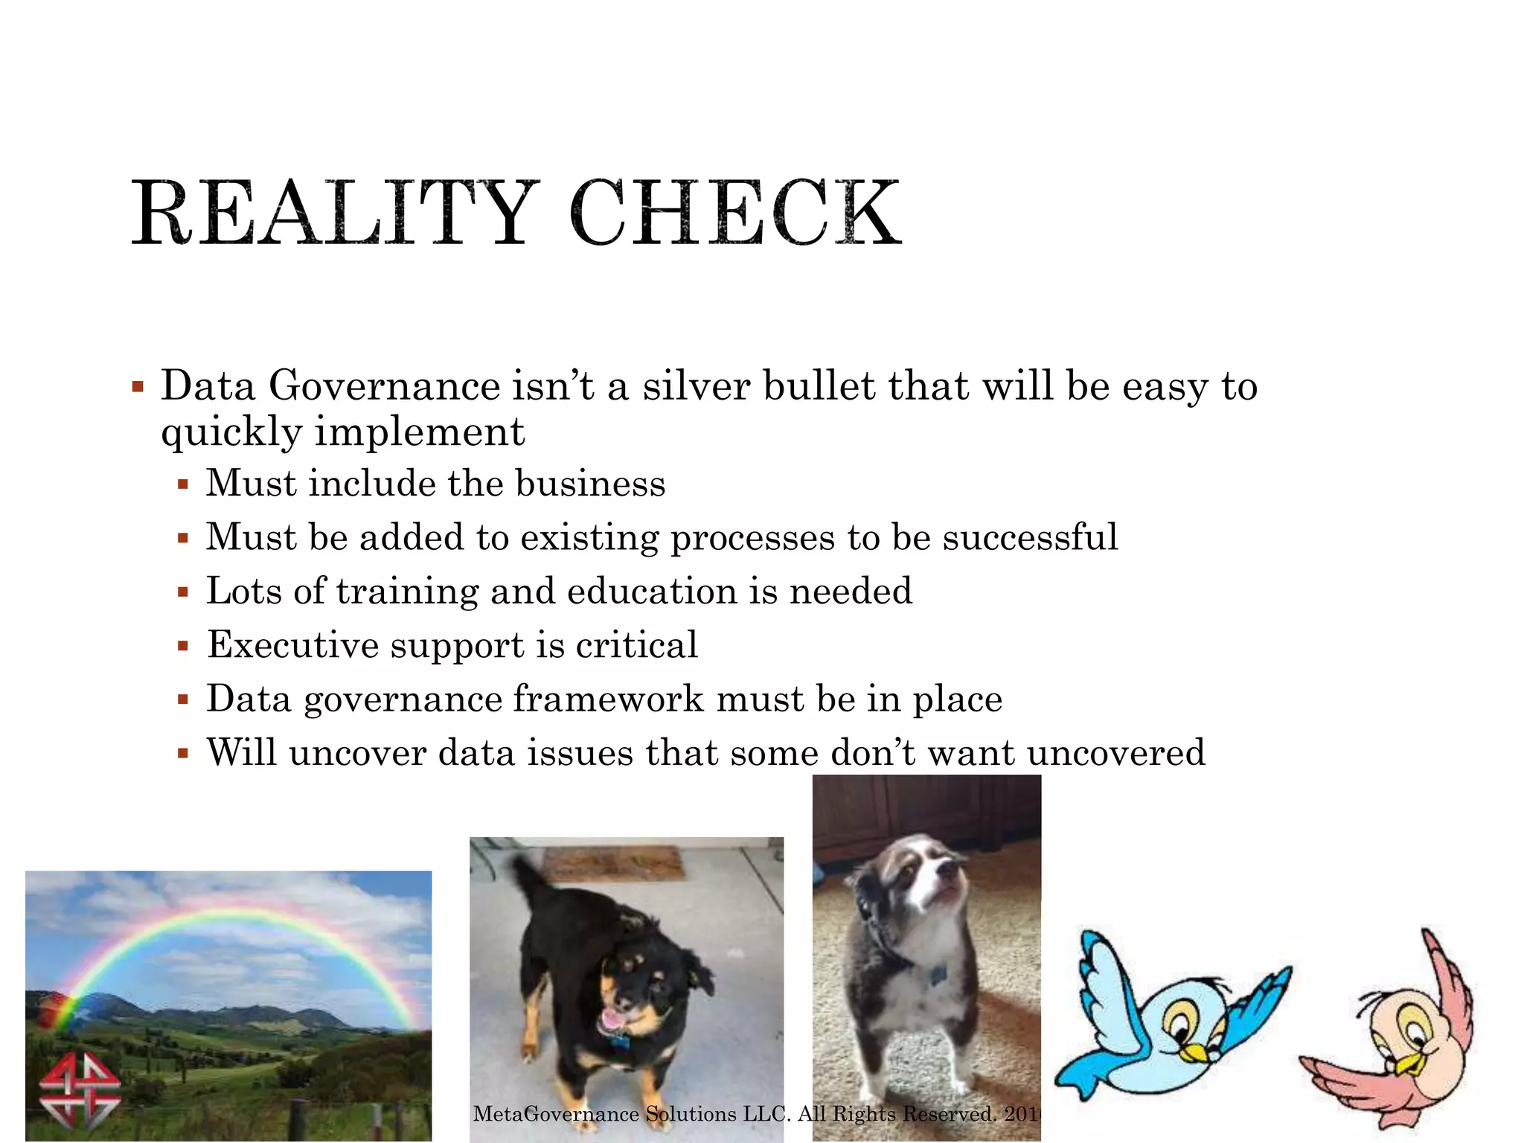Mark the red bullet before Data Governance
pyautogui.click(x=138, y=387)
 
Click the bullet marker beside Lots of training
pyautogui.click(x=183, y=593)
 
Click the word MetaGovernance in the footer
pyautogui.click(x=556, y=1114)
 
